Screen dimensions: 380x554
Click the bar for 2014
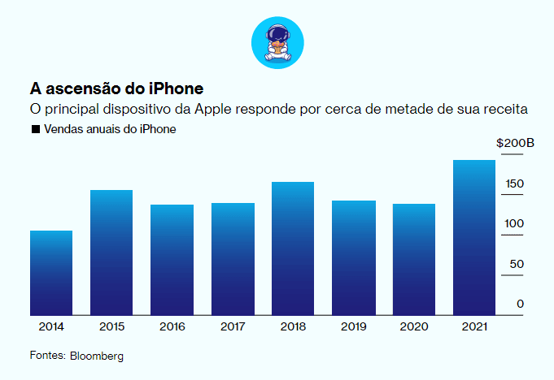[51, 273]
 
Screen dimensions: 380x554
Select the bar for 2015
[111, 253]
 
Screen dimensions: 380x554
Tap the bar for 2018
[293, 248]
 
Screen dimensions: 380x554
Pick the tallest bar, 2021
[474, 237]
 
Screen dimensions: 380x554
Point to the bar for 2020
[414, 259]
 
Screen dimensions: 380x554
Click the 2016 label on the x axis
[172, 326]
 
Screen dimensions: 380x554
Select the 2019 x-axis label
[353, 326]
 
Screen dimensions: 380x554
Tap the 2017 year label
[232, 326]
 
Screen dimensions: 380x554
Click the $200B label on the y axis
[515, 144]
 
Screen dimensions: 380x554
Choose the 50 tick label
[516, 264]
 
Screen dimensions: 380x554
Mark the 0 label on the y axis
[520, 304]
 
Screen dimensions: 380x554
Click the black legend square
[35, 129]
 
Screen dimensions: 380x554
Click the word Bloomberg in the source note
[97, 356]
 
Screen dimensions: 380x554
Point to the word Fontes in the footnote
[47, 356]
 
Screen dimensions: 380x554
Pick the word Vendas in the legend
[61, 129]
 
